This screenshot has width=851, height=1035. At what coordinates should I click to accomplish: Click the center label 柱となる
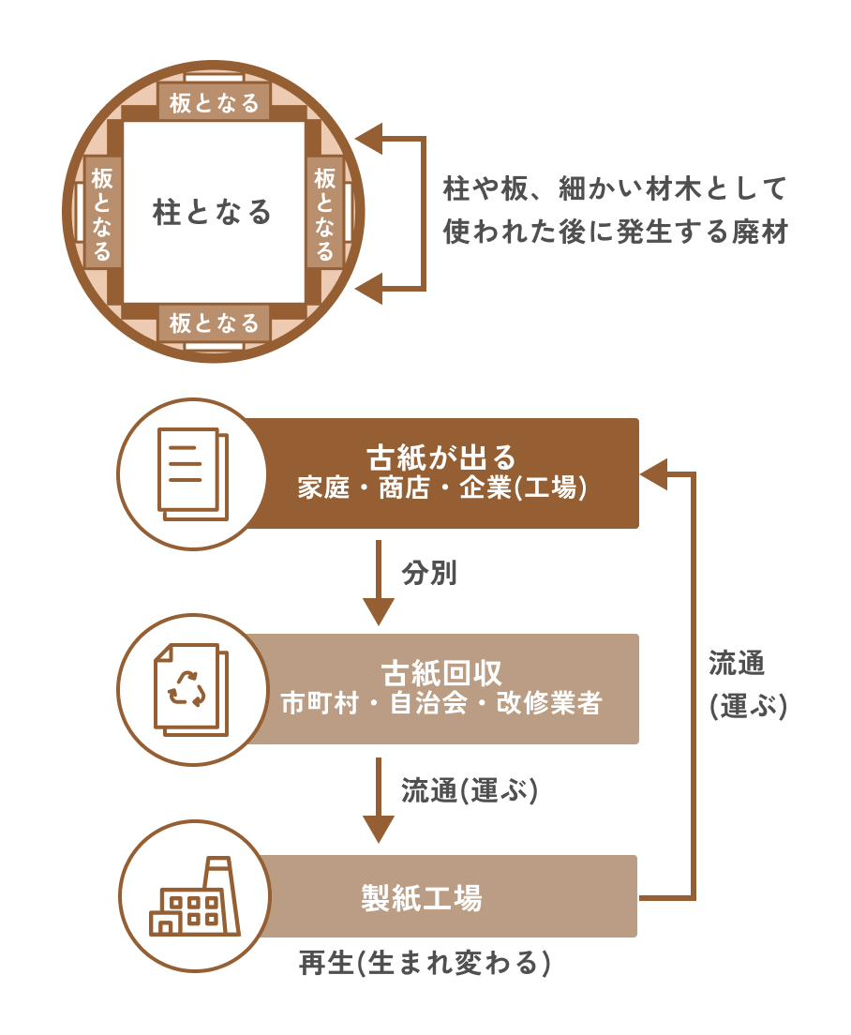tap(213, 212)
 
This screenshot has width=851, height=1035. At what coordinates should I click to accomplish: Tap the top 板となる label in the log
tap(215, 102)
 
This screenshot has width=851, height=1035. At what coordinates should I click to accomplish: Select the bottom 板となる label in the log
tap(215, 323)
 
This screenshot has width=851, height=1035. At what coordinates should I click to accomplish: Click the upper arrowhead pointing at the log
tap(370, 139)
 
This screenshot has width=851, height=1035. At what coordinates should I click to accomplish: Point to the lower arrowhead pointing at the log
tap(370, 287)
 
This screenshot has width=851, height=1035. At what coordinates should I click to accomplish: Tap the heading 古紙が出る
tap(441, 457)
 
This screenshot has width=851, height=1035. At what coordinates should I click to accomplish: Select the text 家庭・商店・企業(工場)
tap(441, 488)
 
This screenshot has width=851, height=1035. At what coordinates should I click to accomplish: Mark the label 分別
tap(429, 573)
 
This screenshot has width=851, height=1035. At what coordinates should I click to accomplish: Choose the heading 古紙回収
tap(441, 672)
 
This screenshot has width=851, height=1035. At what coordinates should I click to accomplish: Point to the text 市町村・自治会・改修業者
tap(441, 704)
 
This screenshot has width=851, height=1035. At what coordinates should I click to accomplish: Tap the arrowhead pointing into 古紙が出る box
tap(653, 473)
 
